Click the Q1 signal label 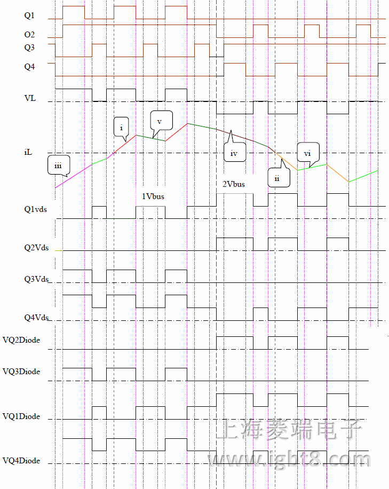point(29,16)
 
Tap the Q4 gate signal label point(29,67)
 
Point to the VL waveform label point(30,98)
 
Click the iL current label point(28,153)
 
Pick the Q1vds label point(35,209)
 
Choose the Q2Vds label point(36,248)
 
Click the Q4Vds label point(36,318)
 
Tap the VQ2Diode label point(21,340)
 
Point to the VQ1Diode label point(21,416)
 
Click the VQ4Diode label point(21,460)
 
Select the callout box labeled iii point(58,165)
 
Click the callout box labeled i point(122,128)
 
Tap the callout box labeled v point(159,121)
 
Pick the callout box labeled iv point(234,153)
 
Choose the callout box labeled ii point(279,178)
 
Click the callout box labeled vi point(307,153)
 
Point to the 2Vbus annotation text point(234,184)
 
